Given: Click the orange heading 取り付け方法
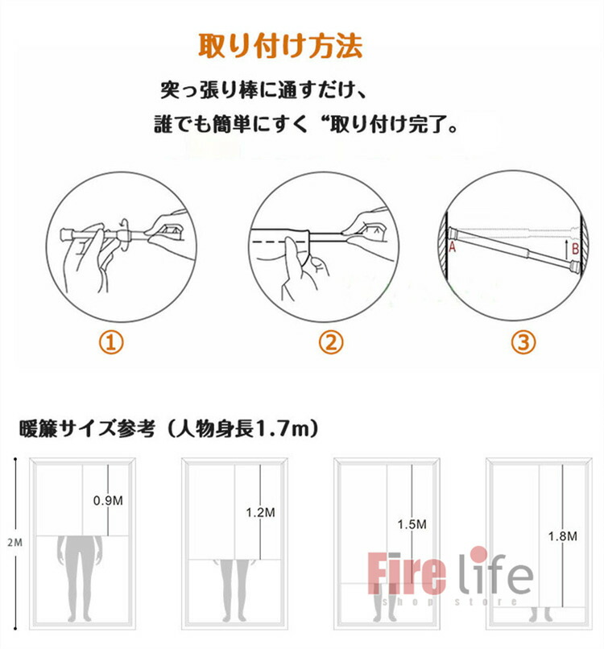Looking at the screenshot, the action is pyautogui.click(x=280, y=46).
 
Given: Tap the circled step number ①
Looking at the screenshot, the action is pyautogui.click(x=111, y=343).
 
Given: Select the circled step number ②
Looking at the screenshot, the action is pyautogui.click(x=331, y=343).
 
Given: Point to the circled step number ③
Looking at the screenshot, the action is pyautogui.click(x=523, y=343).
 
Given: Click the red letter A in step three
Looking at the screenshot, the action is pyautogui.click(x=452, y=247).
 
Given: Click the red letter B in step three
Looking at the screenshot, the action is pyautogui.click(x=575, y=249).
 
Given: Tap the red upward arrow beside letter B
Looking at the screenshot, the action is pyautogui.click(x=566, y=248).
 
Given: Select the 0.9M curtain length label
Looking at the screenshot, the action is pyautogui.click(x=108, y=500).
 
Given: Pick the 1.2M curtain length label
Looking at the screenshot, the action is pyautogui.click(x=260, y=512).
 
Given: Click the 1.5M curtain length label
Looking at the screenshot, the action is pyautogui.click(x=412, y=524).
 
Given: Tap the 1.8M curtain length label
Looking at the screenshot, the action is pyautogui.click(x=563, y=536).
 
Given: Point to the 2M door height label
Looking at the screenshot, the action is pyautogui.click(x=15, y=542).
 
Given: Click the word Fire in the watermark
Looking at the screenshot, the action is pyautogui.click(x=407, y=573).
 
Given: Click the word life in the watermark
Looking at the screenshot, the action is pyautogui.click(x=495, y=570).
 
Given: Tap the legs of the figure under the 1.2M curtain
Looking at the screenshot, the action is pyautogui.click(x=234, y=590).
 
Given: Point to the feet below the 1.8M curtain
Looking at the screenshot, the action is pyautogui.click(x=540, y=614).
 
